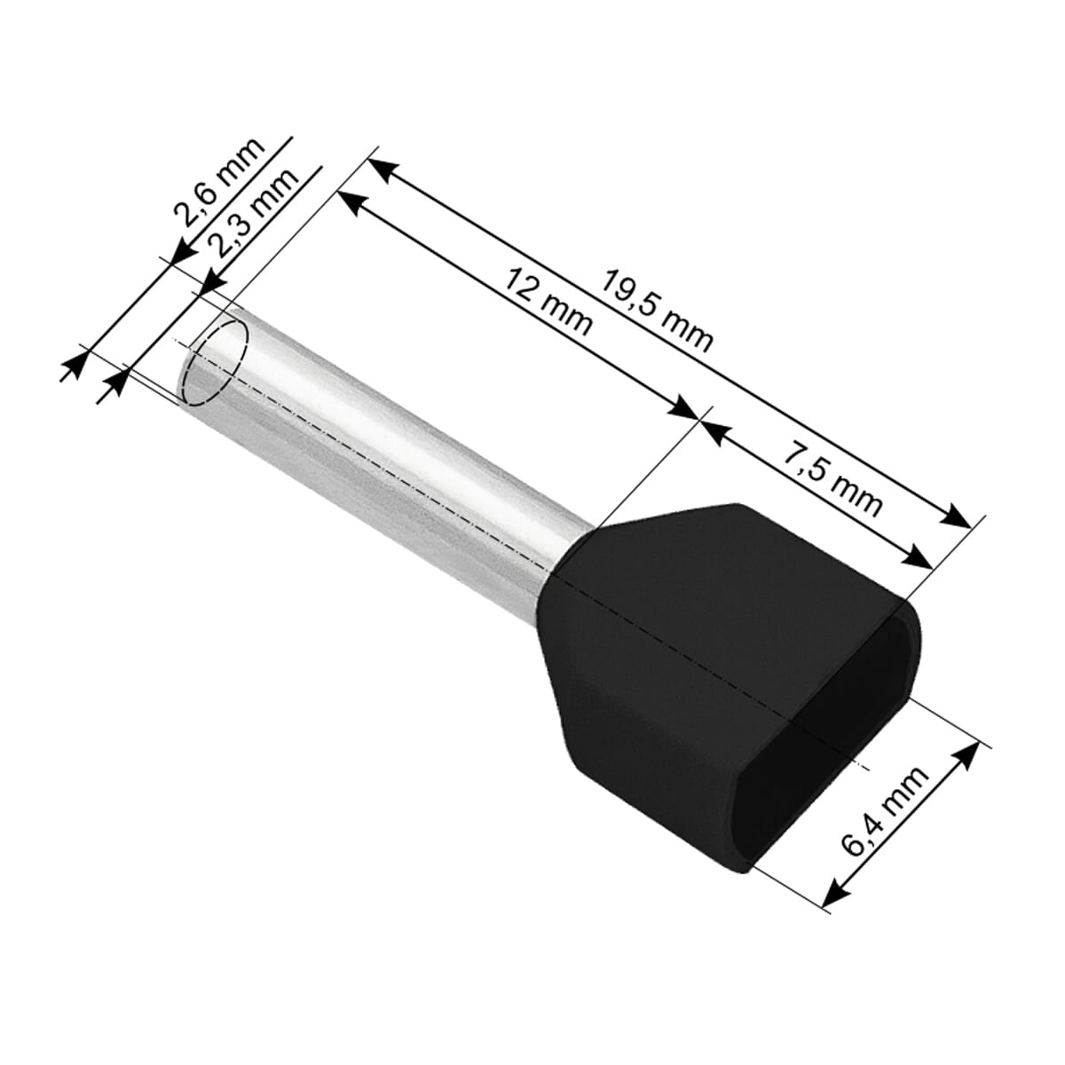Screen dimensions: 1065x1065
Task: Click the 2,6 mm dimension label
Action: tap(219, 183)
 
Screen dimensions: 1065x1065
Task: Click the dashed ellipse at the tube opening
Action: tap(215, 364)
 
